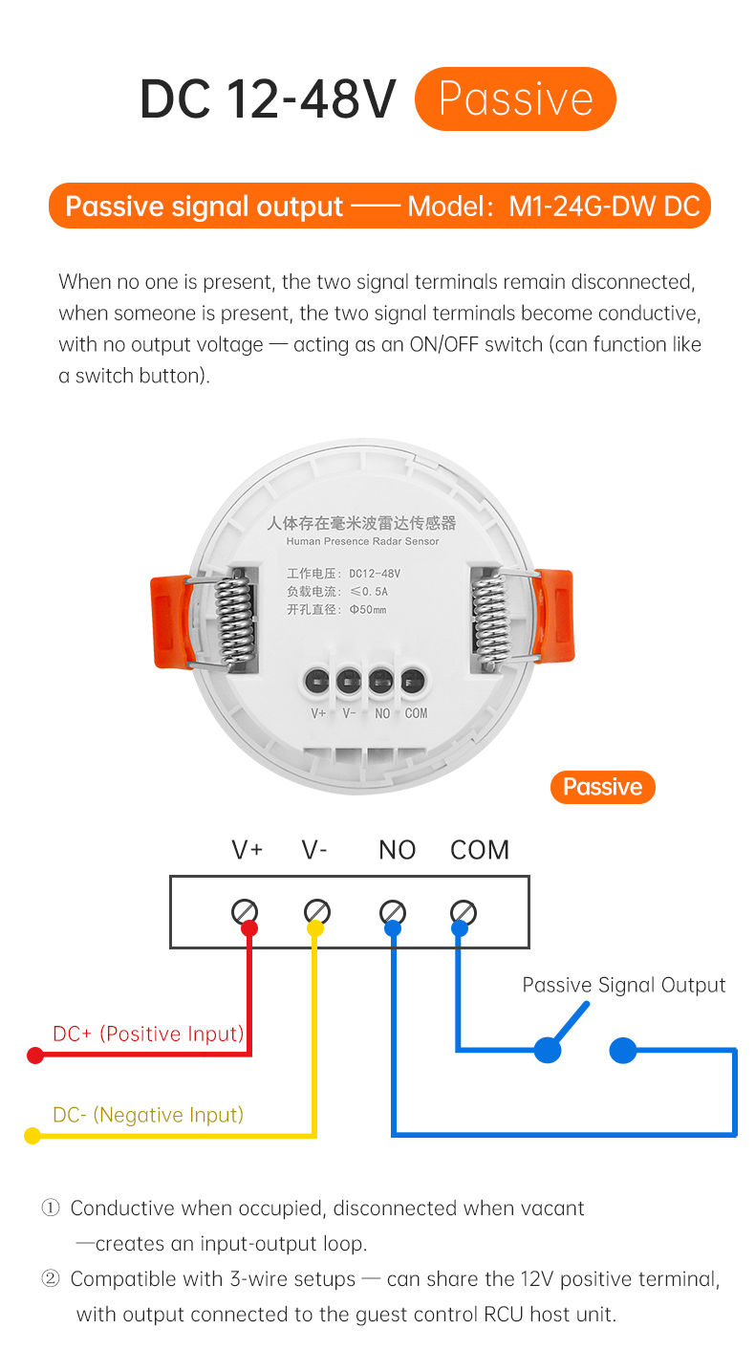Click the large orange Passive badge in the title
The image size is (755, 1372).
click(515, 98)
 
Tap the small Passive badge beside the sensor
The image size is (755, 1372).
click(602, 787)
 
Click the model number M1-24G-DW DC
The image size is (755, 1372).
click(604, 207)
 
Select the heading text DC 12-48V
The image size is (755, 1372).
click(269, 99)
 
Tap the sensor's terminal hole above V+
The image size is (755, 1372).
click(317, 681)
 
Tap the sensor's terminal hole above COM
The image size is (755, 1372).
click(413, 681)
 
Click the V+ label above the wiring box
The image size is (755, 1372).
click(247, 850)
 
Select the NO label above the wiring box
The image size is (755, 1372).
click(397, 850)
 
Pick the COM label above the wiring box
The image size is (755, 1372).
click(480, 850)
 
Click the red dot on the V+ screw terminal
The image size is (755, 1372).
click(249, 928)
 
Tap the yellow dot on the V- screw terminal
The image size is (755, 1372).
click(314, 928)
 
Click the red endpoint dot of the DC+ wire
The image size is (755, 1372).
click(35, 1056)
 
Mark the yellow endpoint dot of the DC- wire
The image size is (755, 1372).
click(32, 1136)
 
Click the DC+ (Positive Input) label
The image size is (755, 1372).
click(148, 1034)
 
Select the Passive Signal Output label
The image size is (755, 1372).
click(623, 985)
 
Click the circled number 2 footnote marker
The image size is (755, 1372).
click(51, 1278)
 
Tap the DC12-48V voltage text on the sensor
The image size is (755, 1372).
click(375, 574)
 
